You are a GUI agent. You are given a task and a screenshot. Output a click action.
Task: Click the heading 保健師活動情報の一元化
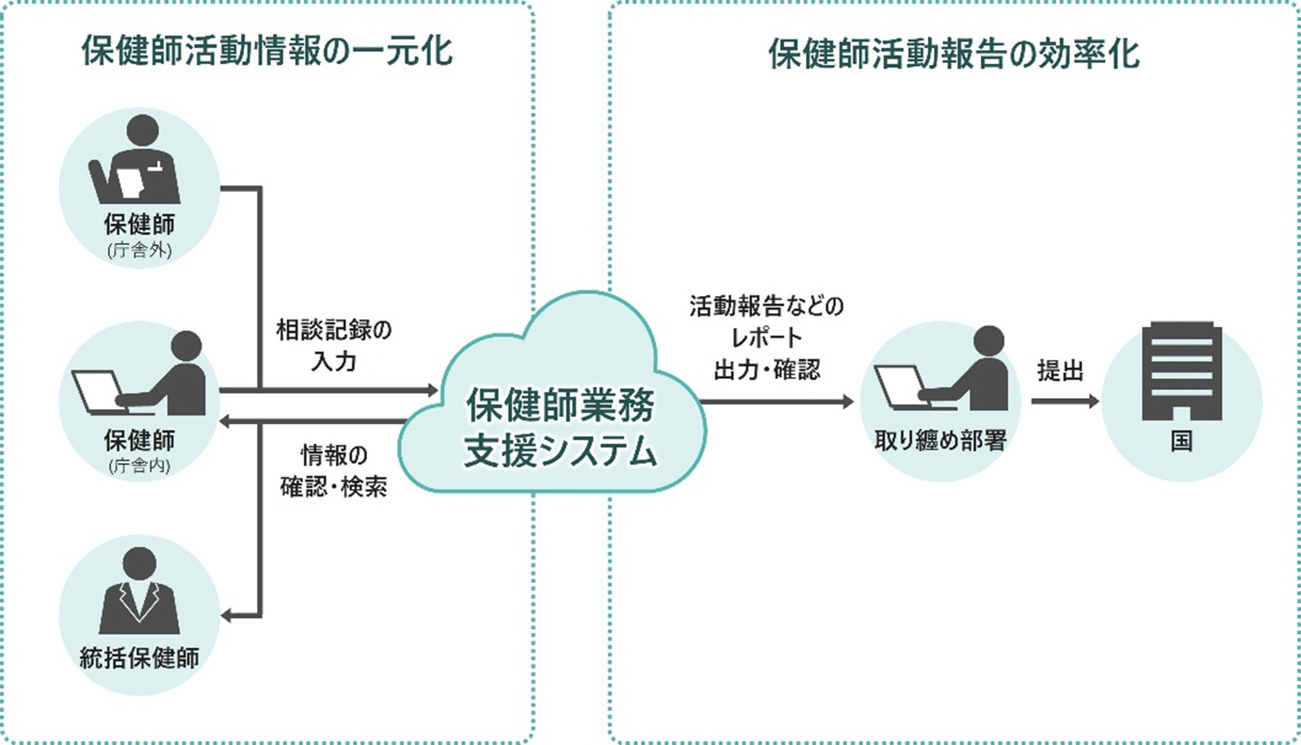pos(267,51)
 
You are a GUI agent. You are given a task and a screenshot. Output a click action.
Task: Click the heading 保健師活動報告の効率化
pos(953,54)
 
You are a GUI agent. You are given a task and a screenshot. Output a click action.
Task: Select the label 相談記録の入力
pos(333,345)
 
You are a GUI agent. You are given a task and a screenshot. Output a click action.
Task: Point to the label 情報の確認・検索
pos(333,471)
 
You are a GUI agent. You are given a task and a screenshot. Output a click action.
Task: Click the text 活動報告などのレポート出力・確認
pos(766,337)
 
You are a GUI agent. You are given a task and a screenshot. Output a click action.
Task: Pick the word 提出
pos(1060,370)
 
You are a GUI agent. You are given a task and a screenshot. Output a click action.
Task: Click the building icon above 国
pos(1182,371)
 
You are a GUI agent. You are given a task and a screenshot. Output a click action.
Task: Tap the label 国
pos(1182,441)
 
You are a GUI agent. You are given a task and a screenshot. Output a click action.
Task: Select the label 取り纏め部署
pos(940,441)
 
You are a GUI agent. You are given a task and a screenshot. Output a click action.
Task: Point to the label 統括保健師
pos(139,658)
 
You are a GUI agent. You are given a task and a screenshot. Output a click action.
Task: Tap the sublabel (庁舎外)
pos(139,250)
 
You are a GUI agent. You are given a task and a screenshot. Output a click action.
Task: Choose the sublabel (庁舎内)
pos(139,466)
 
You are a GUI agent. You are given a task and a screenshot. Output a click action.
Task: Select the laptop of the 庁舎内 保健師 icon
pos(97,392)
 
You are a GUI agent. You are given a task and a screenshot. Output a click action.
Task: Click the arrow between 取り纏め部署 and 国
pos(1065,401)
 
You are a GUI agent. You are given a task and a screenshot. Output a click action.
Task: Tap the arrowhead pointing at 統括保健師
pos(227,616)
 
